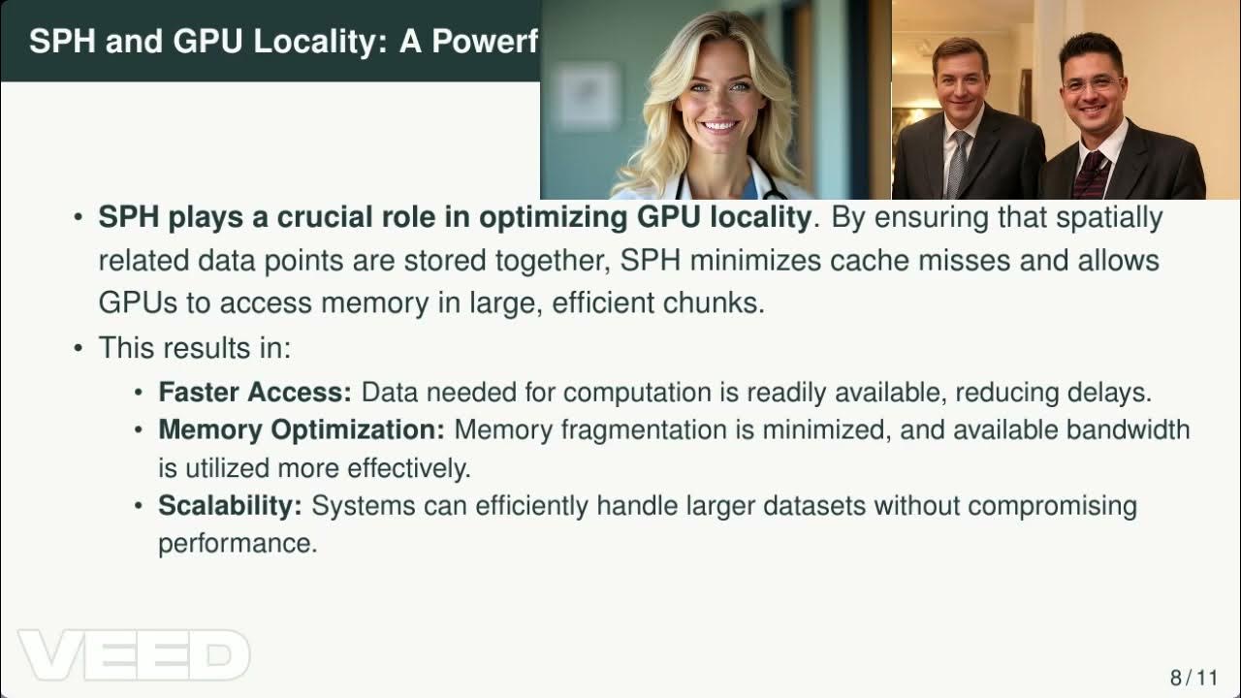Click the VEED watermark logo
134,655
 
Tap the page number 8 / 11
1193,677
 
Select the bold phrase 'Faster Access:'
255,393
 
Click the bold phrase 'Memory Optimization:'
302,429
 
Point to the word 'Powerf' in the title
490,41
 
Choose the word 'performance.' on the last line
238,543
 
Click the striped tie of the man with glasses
1091,174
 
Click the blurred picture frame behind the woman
589,95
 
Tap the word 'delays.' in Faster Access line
1117,393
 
